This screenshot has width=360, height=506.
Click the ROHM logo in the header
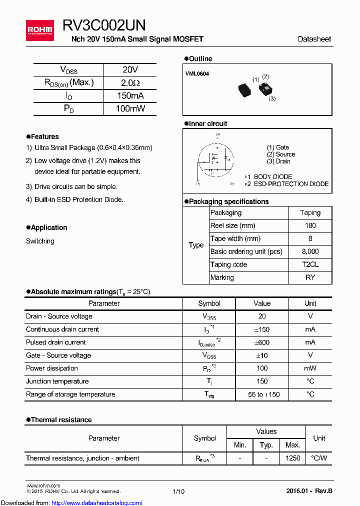click(39, 30)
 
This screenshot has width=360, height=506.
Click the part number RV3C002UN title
click(104, 26)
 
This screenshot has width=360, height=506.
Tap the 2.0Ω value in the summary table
click(130, 83)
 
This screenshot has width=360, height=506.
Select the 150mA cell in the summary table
click(130, 96)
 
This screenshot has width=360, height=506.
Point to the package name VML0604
click(197, 74)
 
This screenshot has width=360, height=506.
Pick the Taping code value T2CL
click(310, 264)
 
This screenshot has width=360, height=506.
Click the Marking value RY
click(310, 277)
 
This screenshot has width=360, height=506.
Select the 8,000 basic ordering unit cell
click(310, 251)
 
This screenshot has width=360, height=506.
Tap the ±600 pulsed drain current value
click(261, 342)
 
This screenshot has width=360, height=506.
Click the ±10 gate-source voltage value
click(261, 355)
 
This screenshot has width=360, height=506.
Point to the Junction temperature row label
click(57, 381)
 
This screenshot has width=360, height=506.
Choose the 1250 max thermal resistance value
click(292, 458)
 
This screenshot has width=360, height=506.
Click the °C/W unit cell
click(318, 458)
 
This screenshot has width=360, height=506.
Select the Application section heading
click(48, 227)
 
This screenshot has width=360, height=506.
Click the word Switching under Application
click(40, 241)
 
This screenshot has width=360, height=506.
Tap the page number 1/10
click(178, 491)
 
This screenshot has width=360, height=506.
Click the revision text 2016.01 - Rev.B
click(309, 491)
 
